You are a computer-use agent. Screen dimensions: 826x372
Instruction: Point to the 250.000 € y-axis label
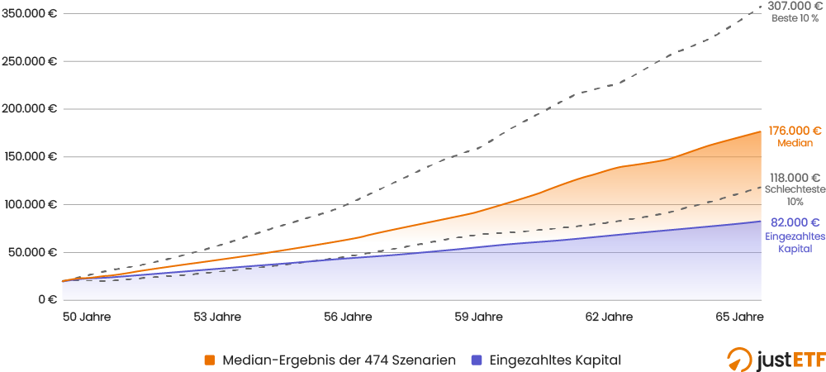coord(29,61)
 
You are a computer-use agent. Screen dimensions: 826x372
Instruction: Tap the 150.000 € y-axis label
coord(30,156)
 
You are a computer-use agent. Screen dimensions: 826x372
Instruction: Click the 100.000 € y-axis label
coord(30,204)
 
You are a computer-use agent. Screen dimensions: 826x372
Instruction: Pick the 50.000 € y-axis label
coord(32,252)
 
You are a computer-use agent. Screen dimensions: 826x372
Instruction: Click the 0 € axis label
coord(46,300)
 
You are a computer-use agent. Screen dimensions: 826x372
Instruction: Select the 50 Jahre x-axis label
coord(87,317)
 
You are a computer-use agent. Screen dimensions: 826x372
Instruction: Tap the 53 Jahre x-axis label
coord(217,317)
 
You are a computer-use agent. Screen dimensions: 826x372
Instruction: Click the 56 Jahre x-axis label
coord(348,317)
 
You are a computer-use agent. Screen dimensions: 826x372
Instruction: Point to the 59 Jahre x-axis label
coord(478,317)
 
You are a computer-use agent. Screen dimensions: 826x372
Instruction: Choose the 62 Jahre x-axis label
coord(609,317)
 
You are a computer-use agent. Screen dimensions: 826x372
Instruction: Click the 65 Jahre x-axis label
coord(739,317)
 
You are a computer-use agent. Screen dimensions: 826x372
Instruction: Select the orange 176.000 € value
coord(795,131)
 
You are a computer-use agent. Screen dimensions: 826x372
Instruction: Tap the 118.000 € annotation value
coord(795,178)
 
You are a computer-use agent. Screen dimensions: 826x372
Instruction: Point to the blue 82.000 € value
coord(795,222)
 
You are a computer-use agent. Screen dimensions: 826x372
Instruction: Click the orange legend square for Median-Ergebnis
coord(210,360)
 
